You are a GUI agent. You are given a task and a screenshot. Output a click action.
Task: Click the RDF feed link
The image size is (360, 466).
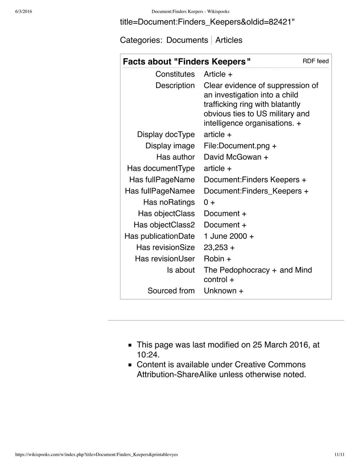coord(315,61)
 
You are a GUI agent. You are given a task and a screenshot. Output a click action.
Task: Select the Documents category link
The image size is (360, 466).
coord(187,40)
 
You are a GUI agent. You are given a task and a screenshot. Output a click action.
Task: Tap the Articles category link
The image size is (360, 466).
coord(229,40)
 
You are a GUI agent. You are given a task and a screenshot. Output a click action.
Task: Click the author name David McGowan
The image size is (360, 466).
coord(233,157)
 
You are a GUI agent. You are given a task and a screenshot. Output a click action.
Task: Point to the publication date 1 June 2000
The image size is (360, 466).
coord(225,236)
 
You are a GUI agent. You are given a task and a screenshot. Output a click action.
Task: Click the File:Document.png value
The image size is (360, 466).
coord(237,146)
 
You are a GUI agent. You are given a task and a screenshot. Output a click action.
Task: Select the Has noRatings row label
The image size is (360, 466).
coord(169,202)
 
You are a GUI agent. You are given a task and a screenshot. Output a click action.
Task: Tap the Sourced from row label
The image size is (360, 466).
coord(171,291)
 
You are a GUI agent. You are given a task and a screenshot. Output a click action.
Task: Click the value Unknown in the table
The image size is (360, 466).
coord(220,291)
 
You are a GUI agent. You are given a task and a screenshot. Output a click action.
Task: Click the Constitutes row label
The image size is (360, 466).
coord(175,74)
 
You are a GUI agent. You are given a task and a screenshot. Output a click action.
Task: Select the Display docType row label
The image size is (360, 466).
coord(166,135)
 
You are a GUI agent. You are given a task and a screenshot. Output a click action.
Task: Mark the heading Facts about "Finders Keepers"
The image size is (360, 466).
coord(187,62)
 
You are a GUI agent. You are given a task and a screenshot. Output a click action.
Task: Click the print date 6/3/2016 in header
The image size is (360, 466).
coord(24,12)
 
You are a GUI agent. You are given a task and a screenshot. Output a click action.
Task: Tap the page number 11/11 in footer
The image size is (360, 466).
coord(339,455)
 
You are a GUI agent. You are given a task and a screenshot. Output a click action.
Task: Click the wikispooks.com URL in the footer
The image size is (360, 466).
coord(96,455)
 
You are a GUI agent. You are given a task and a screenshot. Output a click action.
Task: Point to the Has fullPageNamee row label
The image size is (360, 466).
coord(160,191)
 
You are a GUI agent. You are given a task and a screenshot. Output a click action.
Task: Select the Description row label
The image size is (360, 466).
coord(175,86)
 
